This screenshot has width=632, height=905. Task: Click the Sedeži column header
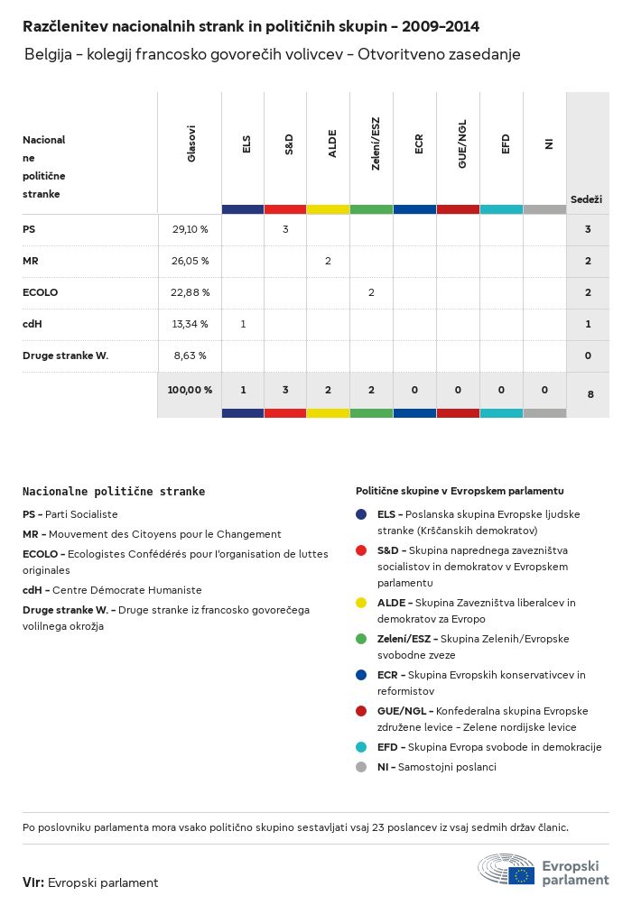click(x=586, y=199)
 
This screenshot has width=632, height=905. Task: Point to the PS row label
click(x=29, y=229)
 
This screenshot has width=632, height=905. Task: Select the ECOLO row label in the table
click(x=40, y=292)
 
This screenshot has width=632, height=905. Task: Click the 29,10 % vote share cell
click(x=190, y=229)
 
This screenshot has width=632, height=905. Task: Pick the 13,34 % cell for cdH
click(x=190, y=324)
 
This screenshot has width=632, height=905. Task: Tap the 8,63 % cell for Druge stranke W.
click(x=190, y=356)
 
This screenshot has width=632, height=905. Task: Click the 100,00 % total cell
click(x=190, y=390)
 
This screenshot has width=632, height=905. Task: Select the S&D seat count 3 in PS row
click(x=285, y=229)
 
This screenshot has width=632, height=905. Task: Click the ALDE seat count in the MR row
click(x=328, y=261)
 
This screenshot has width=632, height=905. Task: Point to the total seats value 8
click(x=590, y=394)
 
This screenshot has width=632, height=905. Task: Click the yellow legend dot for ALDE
click(x=361, y=602)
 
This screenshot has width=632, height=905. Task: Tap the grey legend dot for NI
click(x=361, y=767)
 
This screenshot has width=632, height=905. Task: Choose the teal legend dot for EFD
click(x=361, y=747)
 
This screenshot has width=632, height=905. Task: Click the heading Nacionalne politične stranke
click(x=114, y=492)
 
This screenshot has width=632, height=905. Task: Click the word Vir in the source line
click(x=33, y=882)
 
